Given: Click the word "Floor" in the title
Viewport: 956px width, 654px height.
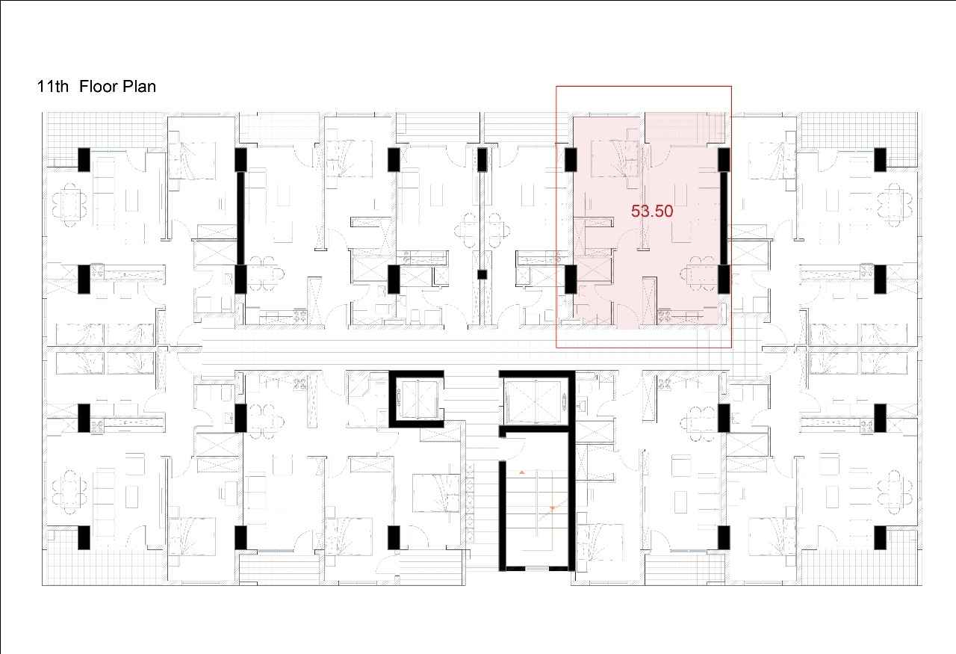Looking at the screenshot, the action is click(x=98, y=87).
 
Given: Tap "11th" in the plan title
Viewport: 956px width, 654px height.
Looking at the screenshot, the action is click(x=52, y=87).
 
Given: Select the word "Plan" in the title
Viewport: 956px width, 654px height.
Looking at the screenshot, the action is click(x=139, y=87).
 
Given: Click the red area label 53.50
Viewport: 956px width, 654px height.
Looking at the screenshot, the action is click(x=652, y=211).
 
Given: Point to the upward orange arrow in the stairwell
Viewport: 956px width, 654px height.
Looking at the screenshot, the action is click(x=521, y=472).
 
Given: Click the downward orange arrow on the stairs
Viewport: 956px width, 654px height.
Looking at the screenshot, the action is click(x=553, y=508).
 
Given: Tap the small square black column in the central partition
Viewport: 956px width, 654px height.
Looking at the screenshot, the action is click(x=482, y=274).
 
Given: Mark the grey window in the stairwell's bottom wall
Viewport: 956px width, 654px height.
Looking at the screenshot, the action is click(x=537, y=569).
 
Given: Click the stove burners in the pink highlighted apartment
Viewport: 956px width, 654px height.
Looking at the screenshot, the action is click(x=664, y=316).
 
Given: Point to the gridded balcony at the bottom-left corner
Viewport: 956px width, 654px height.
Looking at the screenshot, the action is click(x=105, y=557).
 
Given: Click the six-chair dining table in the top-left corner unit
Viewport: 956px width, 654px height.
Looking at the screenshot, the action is click(x=69, y=205).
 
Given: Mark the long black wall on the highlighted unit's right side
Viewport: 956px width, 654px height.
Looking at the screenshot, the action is click(x=724, y=218).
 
